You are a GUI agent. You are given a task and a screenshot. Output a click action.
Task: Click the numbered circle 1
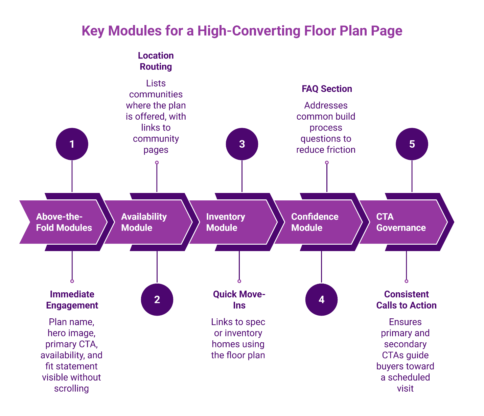click(72, 144)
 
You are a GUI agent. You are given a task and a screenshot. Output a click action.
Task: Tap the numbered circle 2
click(157, 299)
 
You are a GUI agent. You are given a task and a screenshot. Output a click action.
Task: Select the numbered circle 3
click(242, 144)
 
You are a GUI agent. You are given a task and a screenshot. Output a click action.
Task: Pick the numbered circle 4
click(321, 299)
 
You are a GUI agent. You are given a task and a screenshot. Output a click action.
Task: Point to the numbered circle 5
click(412, 144)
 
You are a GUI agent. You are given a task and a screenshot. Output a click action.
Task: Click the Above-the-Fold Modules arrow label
click(64, 222)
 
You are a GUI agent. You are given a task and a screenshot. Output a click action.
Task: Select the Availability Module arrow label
click(144, 222)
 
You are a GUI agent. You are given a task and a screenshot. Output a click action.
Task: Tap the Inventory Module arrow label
click(225, 222)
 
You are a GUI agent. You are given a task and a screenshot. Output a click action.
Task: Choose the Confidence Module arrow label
click(315, 222)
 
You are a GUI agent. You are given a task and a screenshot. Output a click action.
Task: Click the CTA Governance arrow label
click(401, 222)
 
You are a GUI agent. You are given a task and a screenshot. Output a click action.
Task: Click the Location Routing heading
click(156, 61)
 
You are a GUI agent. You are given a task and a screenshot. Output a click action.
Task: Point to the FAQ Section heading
click(327, 89)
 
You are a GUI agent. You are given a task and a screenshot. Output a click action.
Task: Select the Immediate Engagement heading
click(72, 299)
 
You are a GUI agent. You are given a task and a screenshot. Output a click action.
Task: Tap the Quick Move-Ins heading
click(239, 299)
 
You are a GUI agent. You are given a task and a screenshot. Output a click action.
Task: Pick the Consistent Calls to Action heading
click(406, 299)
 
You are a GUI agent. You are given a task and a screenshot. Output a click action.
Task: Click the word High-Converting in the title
click(249, 31)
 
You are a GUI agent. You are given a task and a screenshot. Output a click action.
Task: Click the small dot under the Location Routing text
click(157, 163)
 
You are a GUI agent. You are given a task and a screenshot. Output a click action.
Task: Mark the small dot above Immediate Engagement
click(72, 281)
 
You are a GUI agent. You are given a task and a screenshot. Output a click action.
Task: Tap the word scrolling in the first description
click(71, 388)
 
